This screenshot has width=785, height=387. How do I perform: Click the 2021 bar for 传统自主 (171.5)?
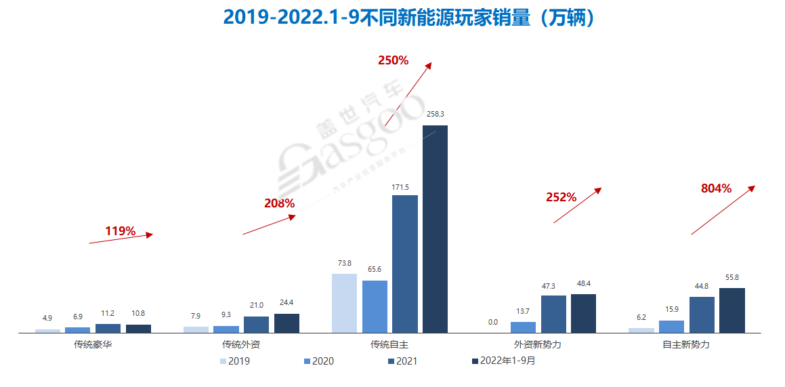[405, 264]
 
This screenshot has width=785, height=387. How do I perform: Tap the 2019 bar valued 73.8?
[344, 303]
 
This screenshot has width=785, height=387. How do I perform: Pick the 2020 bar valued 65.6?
[375, 306]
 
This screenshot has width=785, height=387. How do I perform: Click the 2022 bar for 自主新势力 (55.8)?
[732, 310]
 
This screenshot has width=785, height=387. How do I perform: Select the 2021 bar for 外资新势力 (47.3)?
[553, 314]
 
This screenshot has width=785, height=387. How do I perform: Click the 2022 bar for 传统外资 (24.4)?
[287, 323]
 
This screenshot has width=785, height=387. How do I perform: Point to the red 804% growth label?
[716, 189]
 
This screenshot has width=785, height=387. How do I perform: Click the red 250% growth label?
[393, 60]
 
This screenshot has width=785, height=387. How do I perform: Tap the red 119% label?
[120, 232]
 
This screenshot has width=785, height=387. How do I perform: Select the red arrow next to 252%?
[577, 205]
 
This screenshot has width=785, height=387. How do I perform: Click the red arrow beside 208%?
[270, 225]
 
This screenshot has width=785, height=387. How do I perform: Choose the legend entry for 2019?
[234, 361]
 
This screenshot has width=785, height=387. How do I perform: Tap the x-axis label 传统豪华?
[93, 345]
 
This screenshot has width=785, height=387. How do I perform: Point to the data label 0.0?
[492, 323]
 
